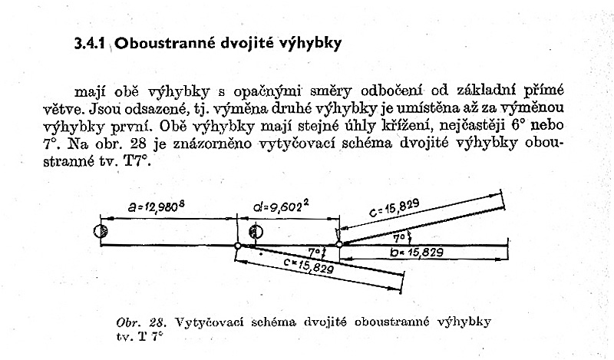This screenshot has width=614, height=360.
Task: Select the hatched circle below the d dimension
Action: click(x=256, y=232)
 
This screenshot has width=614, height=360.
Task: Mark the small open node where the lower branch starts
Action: click(x=238, y=246)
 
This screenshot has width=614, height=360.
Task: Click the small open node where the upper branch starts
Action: click(x=340, y=246)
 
